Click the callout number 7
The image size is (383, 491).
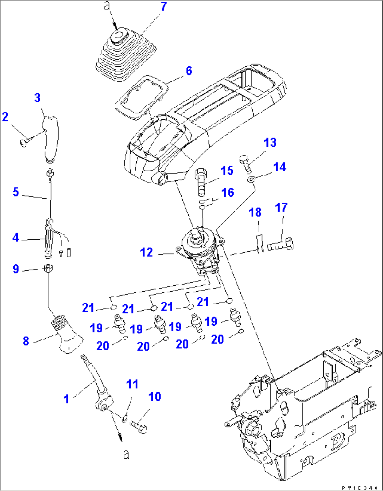pos(164,7)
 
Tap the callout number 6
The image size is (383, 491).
pos(189,71)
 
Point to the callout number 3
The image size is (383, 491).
pos(37,98)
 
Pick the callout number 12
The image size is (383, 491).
pos(147,252)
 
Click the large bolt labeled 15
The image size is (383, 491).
pos(201,182)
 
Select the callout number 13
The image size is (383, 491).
pos(270,142)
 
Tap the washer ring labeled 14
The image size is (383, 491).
pos(251,179)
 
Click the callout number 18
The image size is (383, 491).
pos(255,212)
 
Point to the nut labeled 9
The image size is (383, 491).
pos(48,269)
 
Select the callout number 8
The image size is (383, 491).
pos(26,340)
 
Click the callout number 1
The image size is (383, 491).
pos(66,399)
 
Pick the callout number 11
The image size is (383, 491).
pos(132,384)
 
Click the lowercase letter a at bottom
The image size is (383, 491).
pos(126,454)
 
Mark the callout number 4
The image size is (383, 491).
pos(15,238)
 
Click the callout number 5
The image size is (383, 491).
pos(15,192)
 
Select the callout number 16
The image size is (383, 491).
pos(227,192)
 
